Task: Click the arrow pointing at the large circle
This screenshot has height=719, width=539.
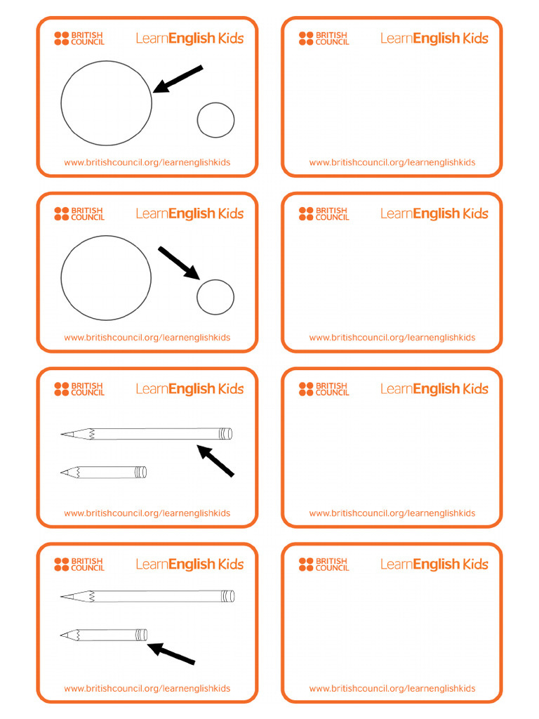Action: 178,79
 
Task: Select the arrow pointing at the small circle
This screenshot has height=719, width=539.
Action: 180,263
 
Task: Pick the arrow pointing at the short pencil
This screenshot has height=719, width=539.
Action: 171,654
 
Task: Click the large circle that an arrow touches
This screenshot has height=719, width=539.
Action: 106,103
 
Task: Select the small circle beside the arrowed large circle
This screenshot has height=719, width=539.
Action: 215,120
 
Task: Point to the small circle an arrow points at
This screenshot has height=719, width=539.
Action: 215,297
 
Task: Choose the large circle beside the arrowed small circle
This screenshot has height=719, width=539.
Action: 106,278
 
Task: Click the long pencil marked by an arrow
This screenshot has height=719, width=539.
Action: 147,434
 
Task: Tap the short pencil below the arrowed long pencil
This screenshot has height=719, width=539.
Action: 105,473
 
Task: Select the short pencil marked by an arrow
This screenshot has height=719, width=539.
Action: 105,635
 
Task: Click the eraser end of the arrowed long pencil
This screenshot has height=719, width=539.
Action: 226,434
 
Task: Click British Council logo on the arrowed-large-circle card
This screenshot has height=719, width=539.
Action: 79,38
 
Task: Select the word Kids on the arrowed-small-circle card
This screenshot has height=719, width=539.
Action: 231,213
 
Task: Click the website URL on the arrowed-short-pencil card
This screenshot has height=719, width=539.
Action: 147,689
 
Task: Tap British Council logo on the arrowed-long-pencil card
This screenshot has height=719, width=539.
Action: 79,389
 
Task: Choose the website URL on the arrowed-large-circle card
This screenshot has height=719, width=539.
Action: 147,162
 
